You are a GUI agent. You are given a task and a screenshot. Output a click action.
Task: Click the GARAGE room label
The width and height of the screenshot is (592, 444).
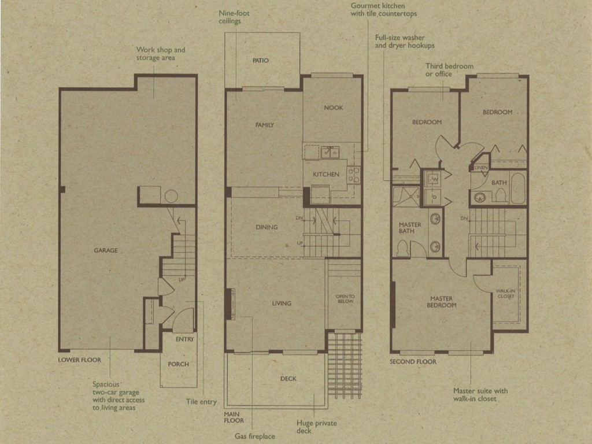pyautogui.click(x=106, y=250)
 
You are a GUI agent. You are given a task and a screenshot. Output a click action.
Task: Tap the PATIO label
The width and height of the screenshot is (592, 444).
pyautogui.click(x=261, y=60)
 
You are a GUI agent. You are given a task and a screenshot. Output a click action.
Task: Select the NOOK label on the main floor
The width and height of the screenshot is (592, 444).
pyautogui.click(x=334, y=108)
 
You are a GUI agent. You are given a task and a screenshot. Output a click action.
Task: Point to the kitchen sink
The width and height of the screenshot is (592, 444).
pyautogui.click(x=330, y=153)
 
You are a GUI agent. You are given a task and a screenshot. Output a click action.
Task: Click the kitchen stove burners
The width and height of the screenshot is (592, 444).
pyautogui.click(x=354, y=175)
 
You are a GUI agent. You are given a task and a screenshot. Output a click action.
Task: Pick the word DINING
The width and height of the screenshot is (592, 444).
pyautogui.click(x=267, y=227)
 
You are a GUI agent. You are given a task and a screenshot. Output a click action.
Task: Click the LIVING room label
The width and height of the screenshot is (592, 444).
pyautogui.click(x=282, y=303)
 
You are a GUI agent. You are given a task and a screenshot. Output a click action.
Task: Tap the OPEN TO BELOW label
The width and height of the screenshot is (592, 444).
pyautogui.click(x=346, y=299)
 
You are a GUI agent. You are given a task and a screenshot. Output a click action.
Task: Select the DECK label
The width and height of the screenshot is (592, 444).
pyautogui.click(x=288, y=379)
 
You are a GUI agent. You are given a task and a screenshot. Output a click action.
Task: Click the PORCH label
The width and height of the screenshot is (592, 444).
pyautogui.click(x=179, y=364)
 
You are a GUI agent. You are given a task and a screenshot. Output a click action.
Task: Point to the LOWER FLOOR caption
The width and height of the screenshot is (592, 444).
pyautogui.click(x=80, y=360)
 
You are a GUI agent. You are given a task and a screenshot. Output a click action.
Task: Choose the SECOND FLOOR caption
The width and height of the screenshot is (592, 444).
pyautogui.click(x=413, y=362)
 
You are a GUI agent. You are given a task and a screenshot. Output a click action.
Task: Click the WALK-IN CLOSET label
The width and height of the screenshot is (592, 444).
pyautogui.click(x=506, y=294)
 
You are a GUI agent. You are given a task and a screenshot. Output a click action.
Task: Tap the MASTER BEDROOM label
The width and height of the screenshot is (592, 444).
pyautogui.click(x=441, y=302)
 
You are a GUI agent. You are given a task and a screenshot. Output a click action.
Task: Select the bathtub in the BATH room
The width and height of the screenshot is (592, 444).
pyautogui.click(x=518, y=188)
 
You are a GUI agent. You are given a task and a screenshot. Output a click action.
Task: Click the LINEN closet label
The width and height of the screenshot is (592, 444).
pyautogui.click(x=481, y=167)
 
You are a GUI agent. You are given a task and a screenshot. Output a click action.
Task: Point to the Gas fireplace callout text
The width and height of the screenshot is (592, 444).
pyautogui.click(x=255, y=436)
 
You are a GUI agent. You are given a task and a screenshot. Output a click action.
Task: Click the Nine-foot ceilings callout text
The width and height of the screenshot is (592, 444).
pyautogui.click(x=234, y=17)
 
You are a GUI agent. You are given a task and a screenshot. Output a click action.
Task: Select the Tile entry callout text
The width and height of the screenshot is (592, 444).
pyautogui.click(x=201, y=402)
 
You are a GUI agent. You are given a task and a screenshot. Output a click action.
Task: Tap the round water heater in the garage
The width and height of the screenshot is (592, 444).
pyautogui.click(x=171, y=197)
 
